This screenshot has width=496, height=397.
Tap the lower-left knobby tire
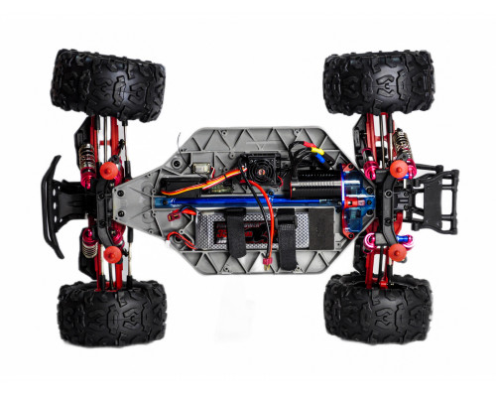pyautogui.click(x=111, y=309)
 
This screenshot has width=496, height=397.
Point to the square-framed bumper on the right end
pyautogui.click(x=436, y=198)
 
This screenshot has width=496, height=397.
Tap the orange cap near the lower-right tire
pyautogui.click(x=397, y=252)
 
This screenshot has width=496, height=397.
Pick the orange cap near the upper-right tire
pyautogui.click(x=401, y=170)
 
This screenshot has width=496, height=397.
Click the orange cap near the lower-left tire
pyautogui.click(x=113, y=254)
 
